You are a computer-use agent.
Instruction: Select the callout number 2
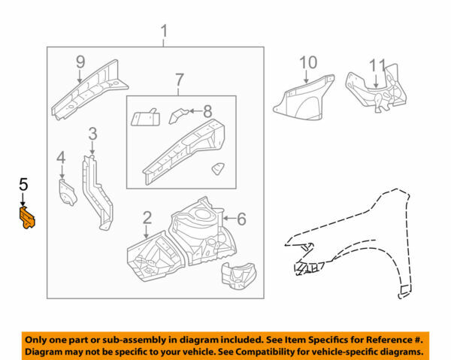point(147,218)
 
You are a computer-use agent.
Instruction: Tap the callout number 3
point(92,135)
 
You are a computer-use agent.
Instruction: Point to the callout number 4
point(61,158)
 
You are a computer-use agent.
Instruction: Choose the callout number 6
point(241,219)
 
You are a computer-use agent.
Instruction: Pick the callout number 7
point(179,80)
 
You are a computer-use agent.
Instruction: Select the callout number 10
point(308,62)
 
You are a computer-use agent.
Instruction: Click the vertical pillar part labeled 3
point(97,188)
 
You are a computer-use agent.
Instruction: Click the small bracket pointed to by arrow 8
point(180,114)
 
